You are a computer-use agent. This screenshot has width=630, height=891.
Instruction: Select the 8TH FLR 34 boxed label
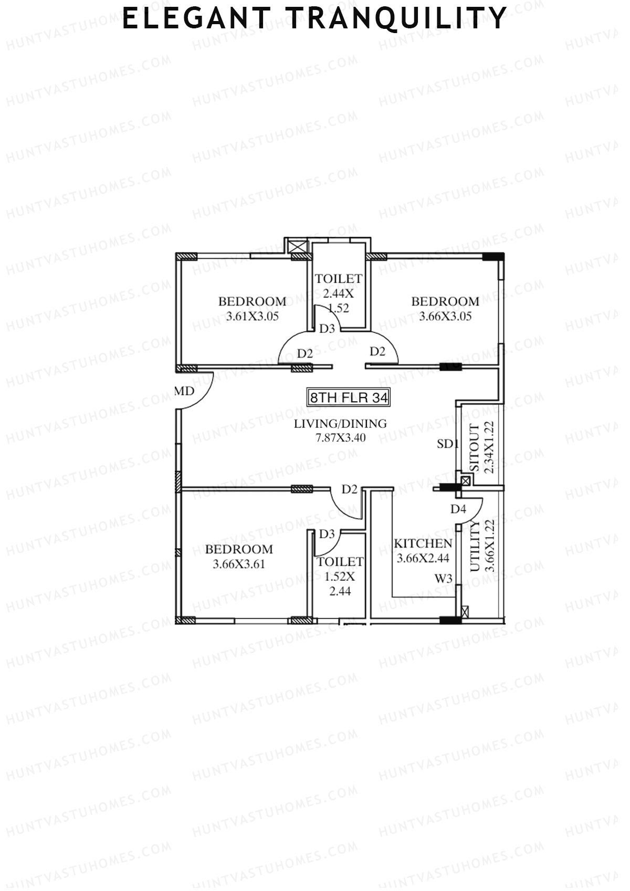[x=349, y=397]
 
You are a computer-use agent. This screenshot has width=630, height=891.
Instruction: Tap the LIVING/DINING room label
[x=340, y=424]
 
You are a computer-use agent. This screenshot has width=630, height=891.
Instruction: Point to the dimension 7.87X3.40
[x=340, y=437]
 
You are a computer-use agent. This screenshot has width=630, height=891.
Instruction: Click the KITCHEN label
[x=423, y=544]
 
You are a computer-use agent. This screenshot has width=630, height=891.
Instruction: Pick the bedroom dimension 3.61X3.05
[x=252, y=317]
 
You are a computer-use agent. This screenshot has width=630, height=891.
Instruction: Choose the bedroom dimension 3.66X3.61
[x=239, y=564]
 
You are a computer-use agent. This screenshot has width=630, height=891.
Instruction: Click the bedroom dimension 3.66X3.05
[x=445, y=317]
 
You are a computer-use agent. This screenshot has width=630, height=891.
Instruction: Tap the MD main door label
[x=184, y=391]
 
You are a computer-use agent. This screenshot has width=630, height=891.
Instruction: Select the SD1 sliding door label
[x=448, y=444]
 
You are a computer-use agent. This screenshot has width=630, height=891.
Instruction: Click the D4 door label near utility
[x=458, y=509]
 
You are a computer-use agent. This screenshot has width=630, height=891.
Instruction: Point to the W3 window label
[x=444, y=579]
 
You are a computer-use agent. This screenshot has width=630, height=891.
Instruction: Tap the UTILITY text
[x=475, y=547]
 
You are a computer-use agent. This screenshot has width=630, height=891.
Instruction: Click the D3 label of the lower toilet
[x=327, y=534]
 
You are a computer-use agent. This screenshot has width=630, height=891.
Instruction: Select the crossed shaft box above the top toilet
[x=298, y=246]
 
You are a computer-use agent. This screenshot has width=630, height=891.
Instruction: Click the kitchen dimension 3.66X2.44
[x=423, y=559]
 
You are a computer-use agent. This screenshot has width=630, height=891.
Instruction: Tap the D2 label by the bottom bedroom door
[x=350, y=489]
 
